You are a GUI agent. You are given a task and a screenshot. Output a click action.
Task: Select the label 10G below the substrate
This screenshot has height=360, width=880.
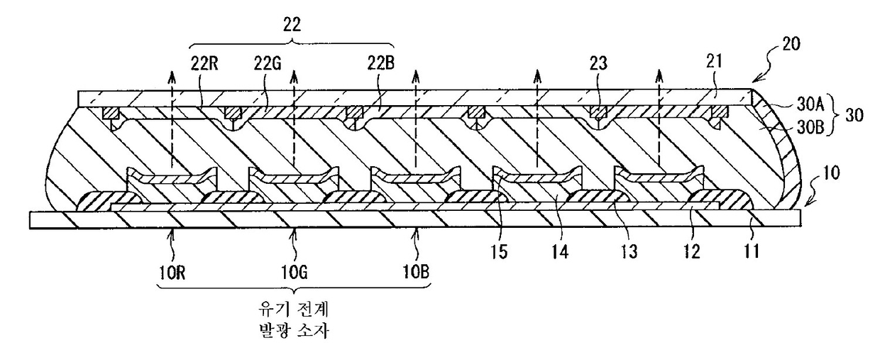coord(295,272)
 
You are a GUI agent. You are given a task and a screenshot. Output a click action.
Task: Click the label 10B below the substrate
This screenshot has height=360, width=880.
coord(416,272)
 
